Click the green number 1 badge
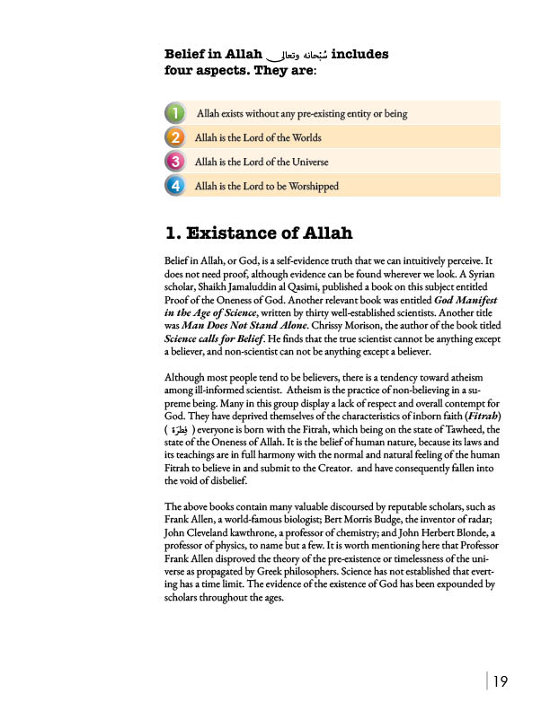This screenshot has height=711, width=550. pos(175,113)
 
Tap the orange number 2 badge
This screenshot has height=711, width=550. pos(175,137)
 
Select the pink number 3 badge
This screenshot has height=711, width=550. pos(175,162)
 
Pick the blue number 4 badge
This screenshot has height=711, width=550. pos(175,186)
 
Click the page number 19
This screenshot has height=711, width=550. pos(501,681)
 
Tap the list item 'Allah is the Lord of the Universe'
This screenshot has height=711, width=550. pos(261,162)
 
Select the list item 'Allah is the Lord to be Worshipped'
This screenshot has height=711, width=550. pos(266,187)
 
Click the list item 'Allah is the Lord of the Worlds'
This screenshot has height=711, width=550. pos(257,138)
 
